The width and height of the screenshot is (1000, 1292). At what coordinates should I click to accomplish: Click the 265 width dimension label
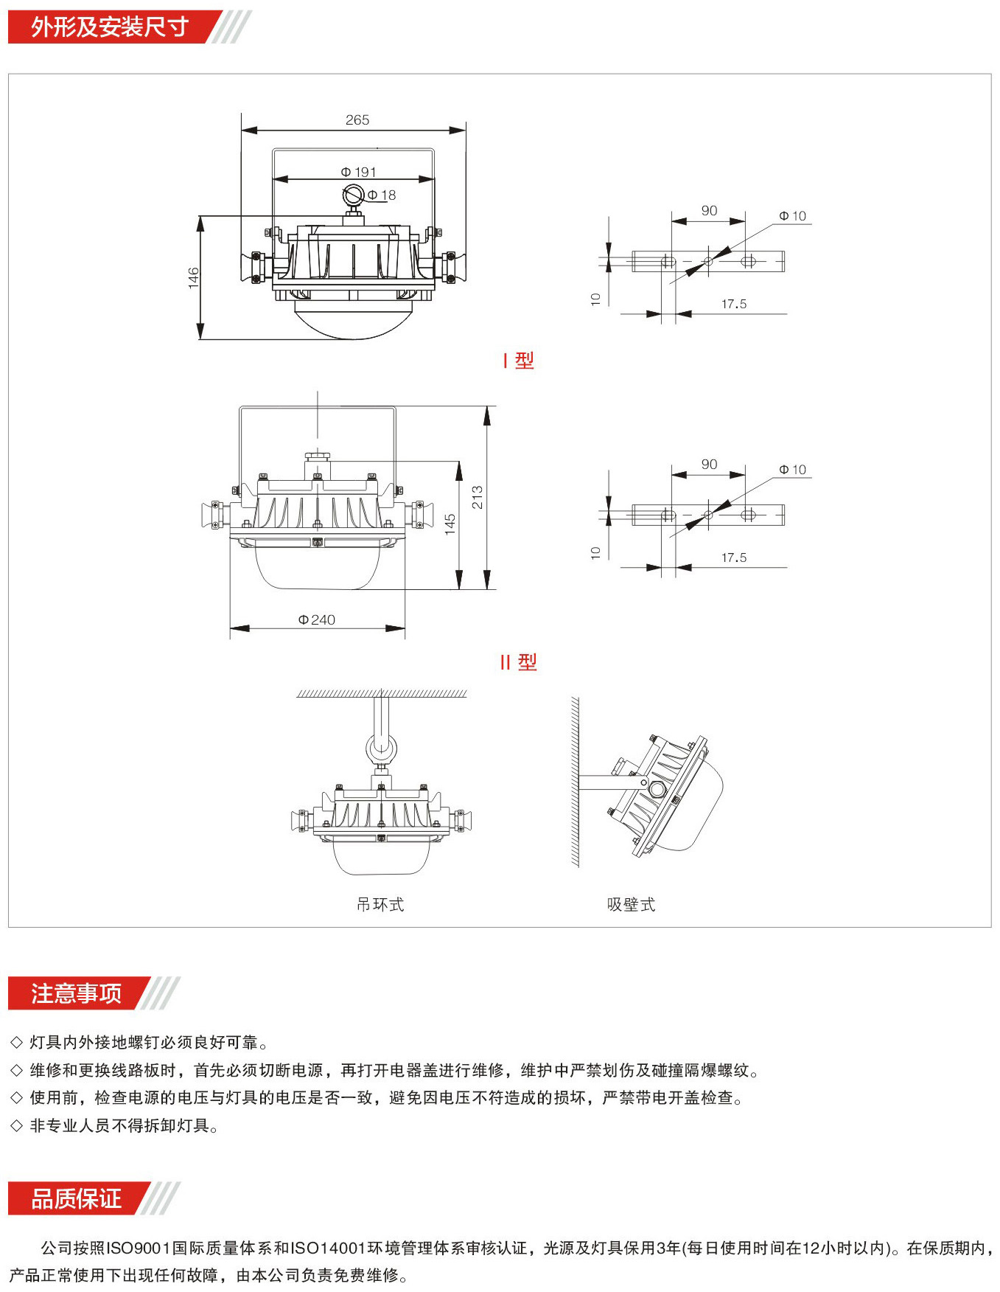tap(357, 119)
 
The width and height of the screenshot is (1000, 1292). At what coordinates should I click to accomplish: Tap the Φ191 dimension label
tap(358, 172)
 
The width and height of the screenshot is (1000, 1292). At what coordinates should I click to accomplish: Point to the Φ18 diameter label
tap(382, 195)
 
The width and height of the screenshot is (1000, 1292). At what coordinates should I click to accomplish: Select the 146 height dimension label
tap(194, 278)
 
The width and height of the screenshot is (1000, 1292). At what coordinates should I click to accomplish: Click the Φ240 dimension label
tap(317, 620)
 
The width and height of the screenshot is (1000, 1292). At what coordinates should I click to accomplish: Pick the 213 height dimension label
tap(478, 497)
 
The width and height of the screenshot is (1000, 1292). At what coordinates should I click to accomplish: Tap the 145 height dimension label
tap(450, 524)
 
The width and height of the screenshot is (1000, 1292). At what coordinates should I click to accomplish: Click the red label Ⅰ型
tap(518, 361)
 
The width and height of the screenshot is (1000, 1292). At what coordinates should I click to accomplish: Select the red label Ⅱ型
tap(518, 662)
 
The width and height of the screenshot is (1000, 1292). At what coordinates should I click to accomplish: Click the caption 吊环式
tap(380, 904)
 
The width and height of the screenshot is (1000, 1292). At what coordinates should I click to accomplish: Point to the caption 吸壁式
tap(631, 904)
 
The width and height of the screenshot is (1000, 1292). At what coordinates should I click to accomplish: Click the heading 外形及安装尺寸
tap(110, 27)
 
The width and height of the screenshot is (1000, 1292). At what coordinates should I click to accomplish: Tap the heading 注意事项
tap(76, 993)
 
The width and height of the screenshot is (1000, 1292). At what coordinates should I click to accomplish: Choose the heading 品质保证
tap(76, 1198)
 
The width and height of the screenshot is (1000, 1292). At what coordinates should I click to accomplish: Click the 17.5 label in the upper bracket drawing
tap(734, 304)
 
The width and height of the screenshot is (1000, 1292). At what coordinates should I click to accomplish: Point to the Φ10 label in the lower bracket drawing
tap(793, 470)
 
